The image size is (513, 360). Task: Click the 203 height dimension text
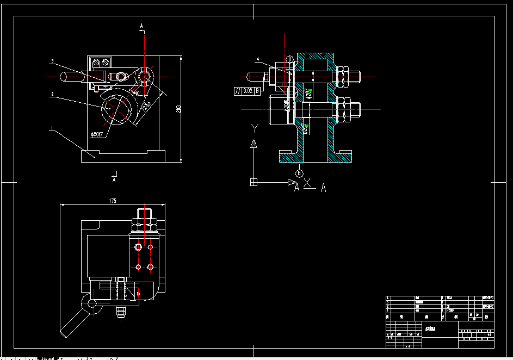pyautogui.click(x=178, y=109)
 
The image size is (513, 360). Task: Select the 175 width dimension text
pyautogui.click(x=113, y=201)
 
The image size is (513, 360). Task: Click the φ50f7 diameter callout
pyautogui.click(x=98, y=134)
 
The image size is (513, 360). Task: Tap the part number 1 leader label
pyautogui.click(x=51, y=129)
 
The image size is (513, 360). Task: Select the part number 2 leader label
pyautogui.click(x=51, y=94)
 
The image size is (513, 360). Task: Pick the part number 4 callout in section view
pyautogui.click(x=258, y=59)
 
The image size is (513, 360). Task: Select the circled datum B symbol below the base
pyautogui.click(x=299, y=173)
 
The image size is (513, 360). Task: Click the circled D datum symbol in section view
pyautogui.click(x=290, y=59)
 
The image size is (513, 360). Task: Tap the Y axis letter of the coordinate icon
pyautogui.click(x=254, y=128)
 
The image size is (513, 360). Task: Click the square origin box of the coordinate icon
pyautogui.click(x=254, y=182)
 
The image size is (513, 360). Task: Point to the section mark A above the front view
pyautogui.click(x=142, y=26)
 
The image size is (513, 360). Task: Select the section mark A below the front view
pyautogui.click(x=114, y=178)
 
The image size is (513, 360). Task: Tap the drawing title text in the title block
pyautogui.click(x=431, y=328)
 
